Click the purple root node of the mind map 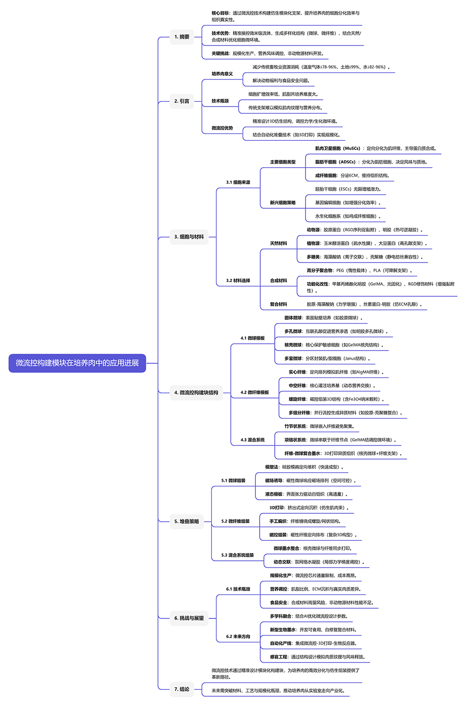77,363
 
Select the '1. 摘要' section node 182,37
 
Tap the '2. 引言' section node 182,101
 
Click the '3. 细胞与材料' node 189,237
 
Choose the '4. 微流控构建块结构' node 196,393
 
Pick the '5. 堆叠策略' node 187,521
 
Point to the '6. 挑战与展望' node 189,618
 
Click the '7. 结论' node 182,689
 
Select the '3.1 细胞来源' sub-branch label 238,182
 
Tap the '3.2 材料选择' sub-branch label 238,281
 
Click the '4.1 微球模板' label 252,338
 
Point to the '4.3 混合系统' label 252,440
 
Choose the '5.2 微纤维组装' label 235,521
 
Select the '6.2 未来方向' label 238,637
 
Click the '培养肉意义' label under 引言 222,74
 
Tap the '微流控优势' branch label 222,128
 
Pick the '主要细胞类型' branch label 283,162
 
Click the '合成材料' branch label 279,281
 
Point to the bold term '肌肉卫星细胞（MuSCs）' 337,148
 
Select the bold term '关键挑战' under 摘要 220,53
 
